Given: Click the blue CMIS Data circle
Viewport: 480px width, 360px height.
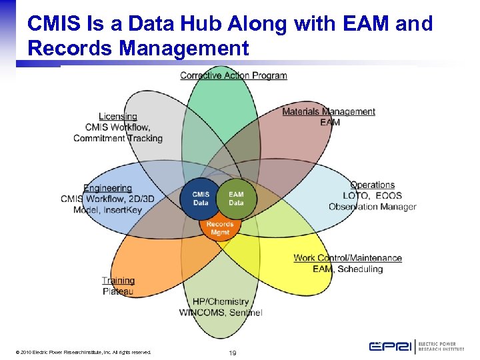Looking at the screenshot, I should pos(201,199).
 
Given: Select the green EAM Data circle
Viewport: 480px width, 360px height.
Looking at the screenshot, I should pos(236,199).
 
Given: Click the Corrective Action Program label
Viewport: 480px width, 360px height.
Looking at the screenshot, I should pos(233,75).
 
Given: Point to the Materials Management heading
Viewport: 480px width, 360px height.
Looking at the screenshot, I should pos(329,111).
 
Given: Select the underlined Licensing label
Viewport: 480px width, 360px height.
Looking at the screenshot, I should pos(118,117).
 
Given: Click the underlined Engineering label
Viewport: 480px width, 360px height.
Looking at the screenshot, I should pos(107,188).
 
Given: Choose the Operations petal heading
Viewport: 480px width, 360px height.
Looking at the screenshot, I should pos(372,185).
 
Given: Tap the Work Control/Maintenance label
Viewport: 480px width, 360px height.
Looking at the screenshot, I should pos(347,258).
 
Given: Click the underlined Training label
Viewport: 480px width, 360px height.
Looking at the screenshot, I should pos(118,281).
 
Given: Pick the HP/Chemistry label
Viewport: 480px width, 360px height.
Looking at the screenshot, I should pos(220,302).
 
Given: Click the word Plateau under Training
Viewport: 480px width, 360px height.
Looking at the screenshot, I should pos(118,291).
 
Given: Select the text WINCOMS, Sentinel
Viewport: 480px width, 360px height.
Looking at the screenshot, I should pos(220,313).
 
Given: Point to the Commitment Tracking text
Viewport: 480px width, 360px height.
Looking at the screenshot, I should pos(118,139).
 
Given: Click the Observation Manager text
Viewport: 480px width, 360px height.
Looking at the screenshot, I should pos(372,207).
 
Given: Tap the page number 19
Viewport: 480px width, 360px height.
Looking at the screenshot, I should pos(233,352).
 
